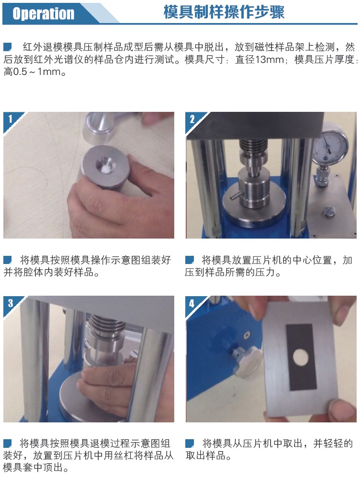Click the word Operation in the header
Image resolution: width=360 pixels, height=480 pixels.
point(43,13)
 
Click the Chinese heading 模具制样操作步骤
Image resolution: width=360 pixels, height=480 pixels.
point(224,12)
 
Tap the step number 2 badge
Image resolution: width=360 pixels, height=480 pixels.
point(192,119)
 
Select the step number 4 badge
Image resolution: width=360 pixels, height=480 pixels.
point(192,303)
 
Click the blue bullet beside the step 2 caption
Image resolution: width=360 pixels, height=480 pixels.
point(190,260)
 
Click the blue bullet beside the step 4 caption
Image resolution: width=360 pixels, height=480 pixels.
point(190,443)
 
